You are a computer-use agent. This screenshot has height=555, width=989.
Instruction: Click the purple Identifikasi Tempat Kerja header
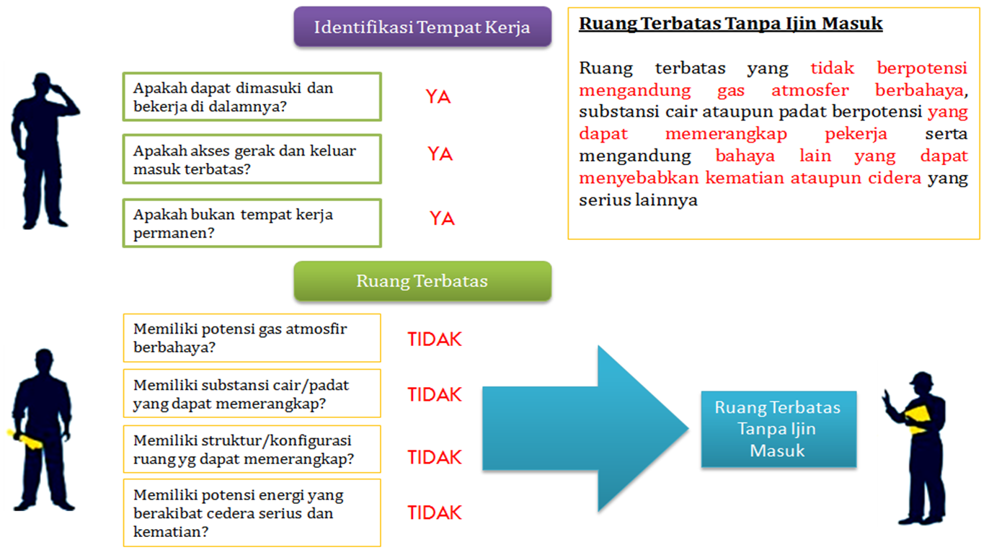tap(422, 27)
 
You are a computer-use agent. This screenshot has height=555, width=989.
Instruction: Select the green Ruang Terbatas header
tap(422, 280)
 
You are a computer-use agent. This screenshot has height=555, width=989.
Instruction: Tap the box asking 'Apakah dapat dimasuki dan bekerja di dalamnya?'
tap(252, 97)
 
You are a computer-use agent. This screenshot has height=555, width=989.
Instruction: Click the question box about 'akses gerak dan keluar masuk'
tap(252, 159)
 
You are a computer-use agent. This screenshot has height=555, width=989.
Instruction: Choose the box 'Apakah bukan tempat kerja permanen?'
tap(252, 223)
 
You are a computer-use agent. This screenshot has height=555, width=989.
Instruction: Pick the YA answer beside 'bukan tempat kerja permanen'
tap(442, 218)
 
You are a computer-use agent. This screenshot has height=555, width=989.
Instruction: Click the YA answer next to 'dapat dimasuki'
tap(438, 97)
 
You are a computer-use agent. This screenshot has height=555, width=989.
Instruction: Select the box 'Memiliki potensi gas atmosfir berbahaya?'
tap(252, 338)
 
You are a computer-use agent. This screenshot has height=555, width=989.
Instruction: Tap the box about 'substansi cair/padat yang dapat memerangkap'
tap(252, 394)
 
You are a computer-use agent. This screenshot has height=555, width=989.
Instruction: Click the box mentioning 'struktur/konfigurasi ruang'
tap(252, 449)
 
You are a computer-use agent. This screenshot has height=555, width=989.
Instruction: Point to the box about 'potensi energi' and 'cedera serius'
tap(252, 513)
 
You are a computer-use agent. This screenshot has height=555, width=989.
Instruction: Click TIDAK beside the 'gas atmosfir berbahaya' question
tap(435, 339)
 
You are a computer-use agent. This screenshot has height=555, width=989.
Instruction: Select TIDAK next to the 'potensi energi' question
tap(435, 512)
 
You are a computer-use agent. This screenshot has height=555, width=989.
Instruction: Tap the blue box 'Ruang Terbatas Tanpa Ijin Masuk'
tap(778, 429)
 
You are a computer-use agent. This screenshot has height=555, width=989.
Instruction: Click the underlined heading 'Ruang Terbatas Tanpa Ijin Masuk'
tap(731, 24)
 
